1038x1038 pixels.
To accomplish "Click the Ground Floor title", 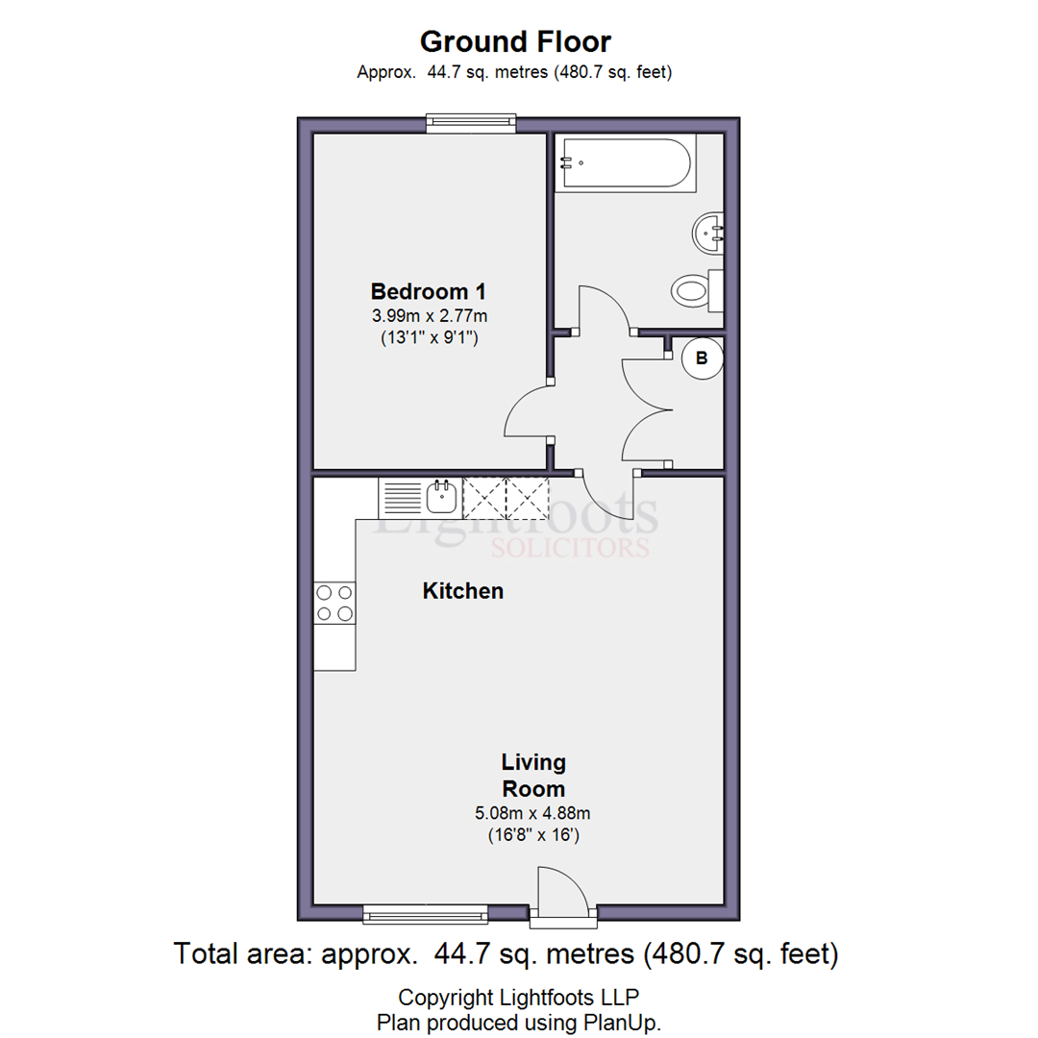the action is pos(515,41).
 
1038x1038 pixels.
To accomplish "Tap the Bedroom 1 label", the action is pos(429,291).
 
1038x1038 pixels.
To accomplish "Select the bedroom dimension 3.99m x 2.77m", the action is pos(430,316).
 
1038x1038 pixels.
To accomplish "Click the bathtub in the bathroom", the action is pos(626,162).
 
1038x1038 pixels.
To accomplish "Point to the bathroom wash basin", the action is pos(708,232).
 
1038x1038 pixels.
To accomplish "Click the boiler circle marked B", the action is pos(702,358).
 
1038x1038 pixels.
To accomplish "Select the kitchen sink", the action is pos(441,497).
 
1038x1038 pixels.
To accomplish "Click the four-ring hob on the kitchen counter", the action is pos(334,603).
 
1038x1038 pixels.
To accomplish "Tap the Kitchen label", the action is pos(462,590).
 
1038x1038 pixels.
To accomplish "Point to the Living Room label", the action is pos(533,776).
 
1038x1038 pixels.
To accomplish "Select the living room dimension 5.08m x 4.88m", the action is pos(532,813).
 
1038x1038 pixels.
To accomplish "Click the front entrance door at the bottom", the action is pos(562,894).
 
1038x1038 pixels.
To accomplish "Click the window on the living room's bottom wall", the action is pos(426,914).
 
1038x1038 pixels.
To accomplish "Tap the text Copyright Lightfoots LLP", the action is pos(518,997).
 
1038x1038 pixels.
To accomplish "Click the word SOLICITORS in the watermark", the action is pos(570,548).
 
